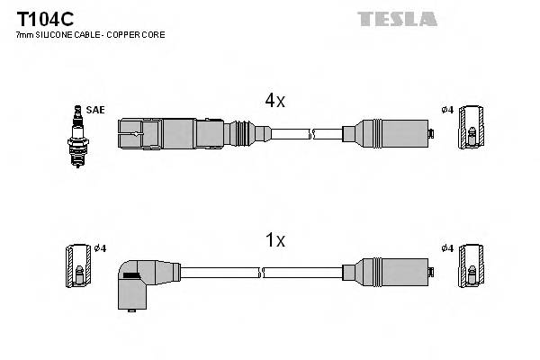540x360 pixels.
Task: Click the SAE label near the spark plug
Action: click(96, 110)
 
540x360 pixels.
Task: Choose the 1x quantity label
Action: click(274, 240)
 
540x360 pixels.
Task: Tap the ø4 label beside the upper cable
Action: click(446, 110)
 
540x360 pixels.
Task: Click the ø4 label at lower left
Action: click(101, 249)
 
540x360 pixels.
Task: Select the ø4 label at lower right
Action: click(446, 249)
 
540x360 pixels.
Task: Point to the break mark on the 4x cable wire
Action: click(310, 134)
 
